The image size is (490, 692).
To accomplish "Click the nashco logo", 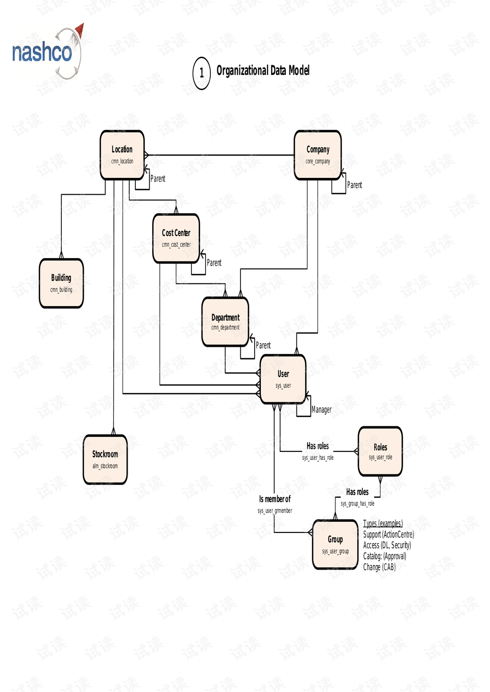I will coord(46,53).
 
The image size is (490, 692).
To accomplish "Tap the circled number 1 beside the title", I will coord(202,73).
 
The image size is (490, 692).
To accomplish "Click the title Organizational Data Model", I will coord(263,70).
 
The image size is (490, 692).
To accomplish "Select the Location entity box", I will coord(122,155).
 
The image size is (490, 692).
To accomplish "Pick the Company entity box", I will coord(317,155).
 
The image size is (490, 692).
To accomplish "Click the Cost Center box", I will coord(176,238).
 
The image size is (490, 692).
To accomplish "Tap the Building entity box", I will coord(61,283).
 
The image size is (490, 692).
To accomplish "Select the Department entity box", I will coord(225,322).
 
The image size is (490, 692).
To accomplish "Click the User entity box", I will coord(283,379).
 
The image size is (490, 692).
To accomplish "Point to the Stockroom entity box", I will coord(105,459).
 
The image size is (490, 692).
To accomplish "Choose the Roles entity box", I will coord(380,451).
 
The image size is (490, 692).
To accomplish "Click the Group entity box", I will coord(335,544).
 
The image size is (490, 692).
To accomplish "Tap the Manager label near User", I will coord(322,409).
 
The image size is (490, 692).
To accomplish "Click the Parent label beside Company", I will coord(354,185).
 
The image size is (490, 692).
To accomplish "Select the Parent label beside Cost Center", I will coord(214,263).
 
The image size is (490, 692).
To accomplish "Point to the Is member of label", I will coord(275,499).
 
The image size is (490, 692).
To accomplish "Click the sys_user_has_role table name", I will coord(317,458).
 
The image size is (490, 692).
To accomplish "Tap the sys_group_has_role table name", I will coord(357,503).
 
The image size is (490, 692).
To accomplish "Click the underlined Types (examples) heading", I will coord(383,523).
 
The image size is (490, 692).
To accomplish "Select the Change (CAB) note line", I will coord(379,567).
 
